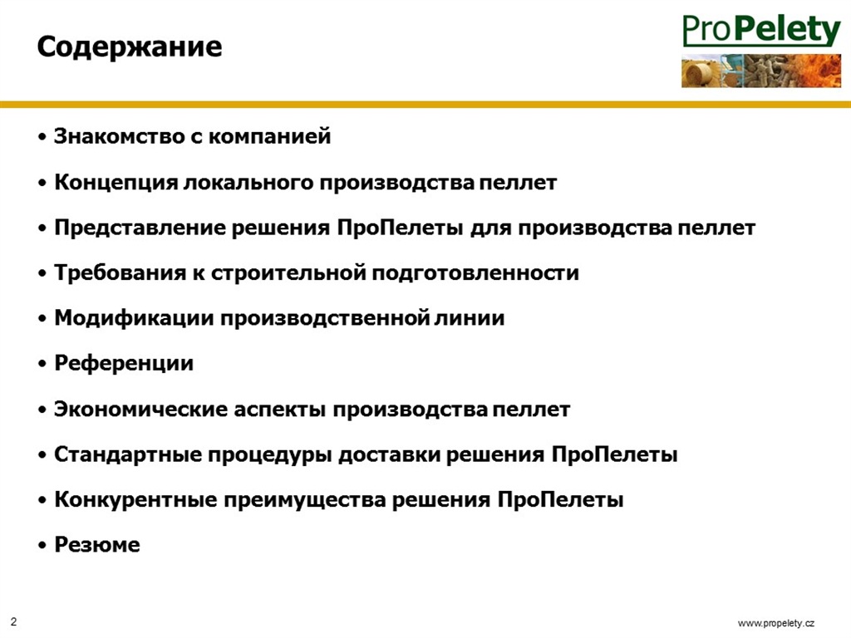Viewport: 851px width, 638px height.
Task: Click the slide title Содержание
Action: tap(129, 47)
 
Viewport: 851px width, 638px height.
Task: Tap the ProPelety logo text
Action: tap(761, 31)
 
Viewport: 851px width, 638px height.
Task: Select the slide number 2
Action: tap(13, 621)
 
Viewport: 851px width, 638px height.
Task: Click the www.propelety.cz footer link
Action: tap(775, 623)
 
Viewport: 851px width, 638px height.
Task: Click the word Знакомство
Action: tap(119, 136)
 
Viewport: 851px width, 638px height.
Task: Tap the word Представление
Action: tap(138, 228)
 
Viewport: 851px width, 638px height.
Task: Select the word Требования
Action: tap(120, 272)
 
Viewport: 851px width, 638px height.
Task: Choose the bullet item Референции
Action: tap(124, 364)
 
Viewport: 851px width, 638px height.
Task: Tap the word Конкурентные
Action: tap(135, 499)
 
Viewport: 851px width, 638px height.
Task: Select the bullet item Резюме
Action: tap(97, 545)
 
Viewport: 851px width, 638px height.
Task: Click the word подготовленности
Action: tap(475, 272)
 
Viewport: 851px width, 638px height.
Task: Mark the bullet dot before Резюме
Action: tap(42, 545)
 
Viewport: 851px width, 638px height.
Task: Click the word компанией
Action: tap(270, 136)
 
